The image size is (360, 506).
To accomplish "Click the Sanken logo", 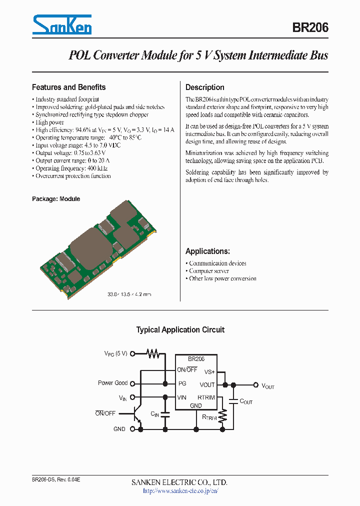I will pos(62,25).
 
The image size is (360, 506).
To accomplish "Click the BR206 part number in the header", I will pos(310,27).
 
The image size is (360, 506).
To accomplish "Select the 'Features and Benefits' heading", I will pos(68,87).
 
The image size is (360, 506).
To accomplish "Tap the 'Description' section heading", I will pos(204,87).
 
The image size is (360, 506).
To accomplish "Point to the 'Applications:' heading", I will pos(207,251).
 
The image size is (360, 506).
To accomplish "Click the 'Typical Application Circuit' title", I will pos(180,330).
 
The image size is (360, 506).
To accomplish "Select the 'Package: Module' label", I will pos(56,198).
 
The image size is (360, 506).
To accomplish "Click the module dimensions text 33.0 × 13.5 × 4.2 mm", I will pos(129,294).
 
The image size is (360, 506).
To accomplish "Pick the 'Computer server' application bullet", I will pos(209,271).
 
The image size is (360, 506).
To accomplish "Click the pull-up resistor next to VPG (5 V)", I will pos(153,353).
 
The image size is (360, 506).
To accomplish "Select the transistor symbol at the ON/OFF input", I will pos(137,413).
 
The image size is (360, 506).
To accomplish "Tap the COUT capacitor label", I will pos(246,401).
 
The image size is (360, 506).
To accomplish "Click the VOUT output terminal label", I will pos(268,386).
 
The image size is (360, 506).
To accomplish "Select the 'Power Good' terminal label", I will pos(112,383).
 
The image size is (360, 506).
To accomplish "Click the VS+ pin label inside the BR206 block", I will pos(209,372).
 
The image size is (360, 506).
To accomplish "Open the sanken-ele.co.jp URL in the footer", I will pos(180,491).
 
